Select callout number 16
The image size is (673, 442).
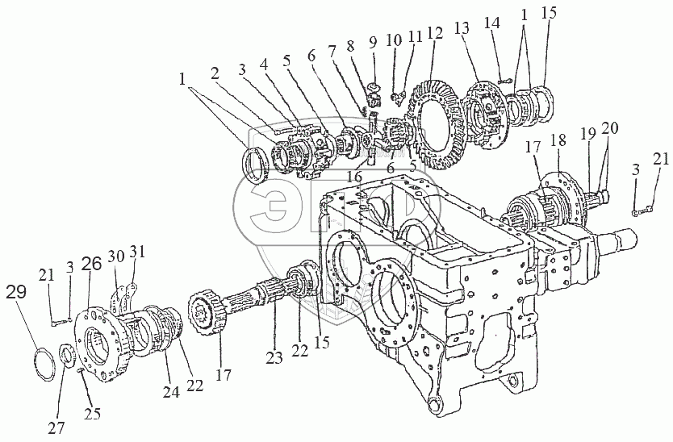pos(353,175)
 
